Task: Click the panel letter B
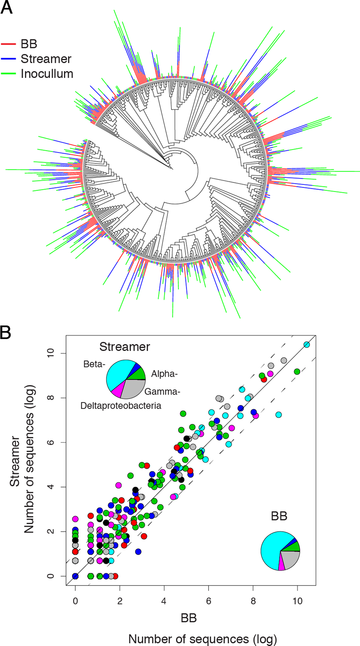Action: click(5, 333)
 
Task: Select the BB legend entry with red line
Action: click(29, 44)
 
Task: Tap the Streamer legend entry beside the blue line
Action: click(46, 59)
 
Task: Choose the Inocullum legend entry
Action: click(47, 74)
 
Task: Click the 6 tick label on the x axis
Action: click(208, 601)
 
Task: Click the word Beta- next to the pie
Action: click(94, 364)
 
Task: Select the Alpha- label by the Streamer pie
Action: click(165, 374)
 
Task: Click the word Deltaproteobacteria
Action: click(121, 405)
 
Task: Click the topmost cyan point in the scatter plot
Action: click(307, 345)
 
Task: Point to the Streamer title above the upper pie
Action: click(124, 347)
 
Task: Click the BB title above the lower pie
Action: click(279, 516)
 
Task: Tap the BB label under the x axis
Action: click(189, 618)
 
